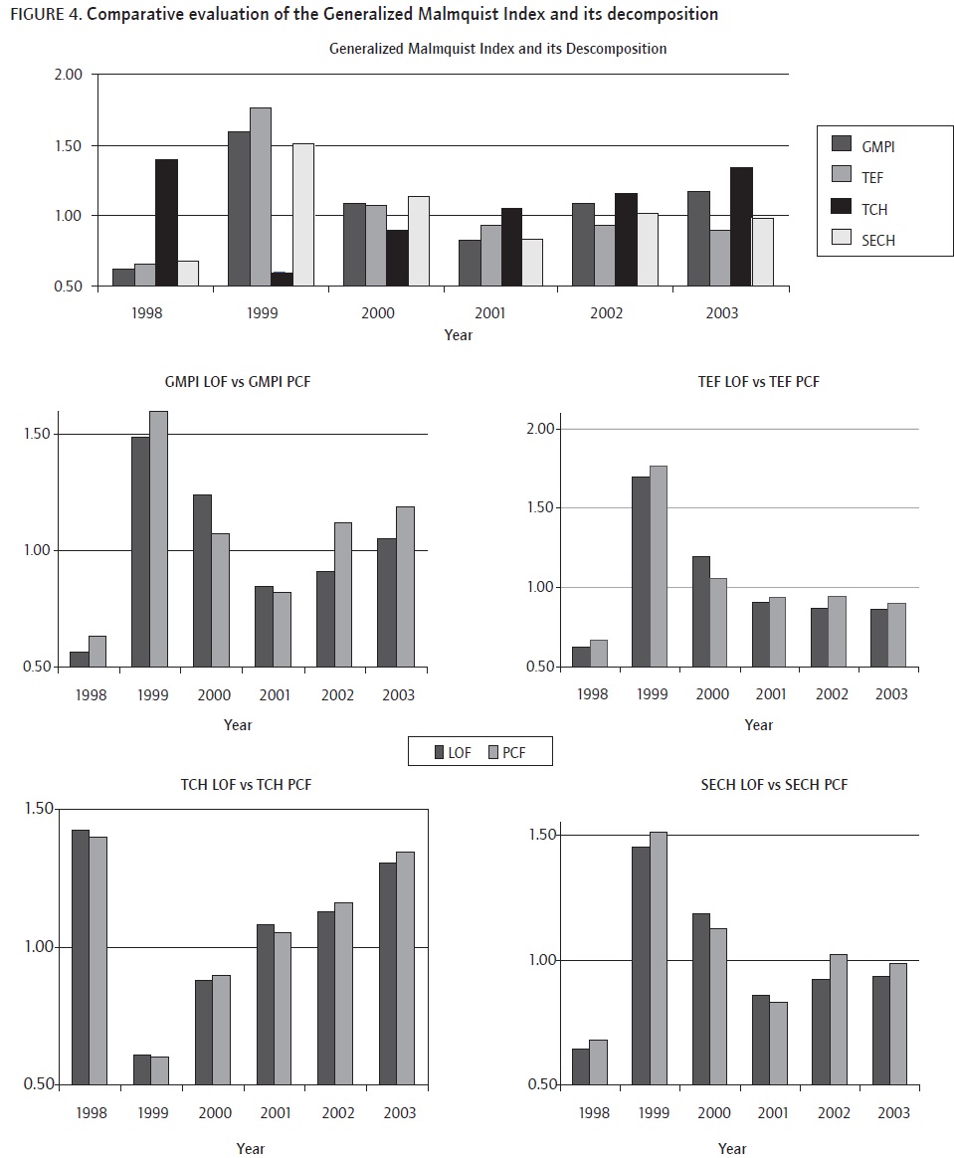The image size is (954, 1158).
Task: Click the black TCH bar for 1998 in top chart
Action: [x=166, y=222]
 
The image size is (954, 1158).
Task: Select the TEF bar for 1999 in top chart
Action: [x=260, y=197]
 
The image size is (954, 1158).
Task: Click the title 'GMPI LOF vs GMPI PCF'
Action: [x=238, y=382]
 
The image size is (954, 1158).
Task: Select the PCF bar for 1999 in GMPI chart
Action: [x=158, y=537]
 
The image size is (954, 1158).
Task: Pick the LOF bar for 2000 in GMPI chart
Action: [x=202, y=580]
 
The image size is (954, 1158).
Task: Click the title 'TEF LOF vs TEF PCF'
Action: [x=759, y=382]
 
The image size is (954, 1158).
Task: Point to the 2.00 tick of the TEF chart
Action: [x=547, y=429]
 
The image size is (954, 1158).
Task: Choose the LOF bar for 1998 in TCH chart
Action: [x=81, y=956]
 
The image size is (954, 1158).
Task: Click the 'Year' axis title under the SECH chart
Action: [x=732, y=1148]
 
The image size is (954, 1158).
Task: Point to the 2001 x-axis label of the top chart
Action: [x=489, y=312]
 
